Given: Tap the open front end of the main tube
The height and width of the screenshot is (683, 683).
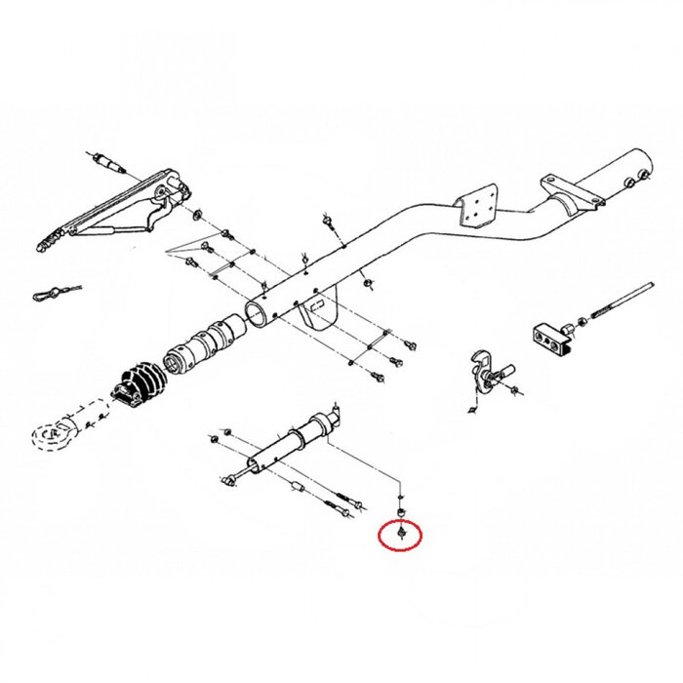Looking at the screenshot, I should pos(256,313).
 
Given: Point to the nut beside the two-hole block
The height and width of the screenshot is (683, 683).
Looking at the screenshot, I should pos(583,321).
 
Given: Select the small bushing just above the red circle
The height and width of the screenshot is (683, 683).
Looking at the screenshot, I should pos(401,510).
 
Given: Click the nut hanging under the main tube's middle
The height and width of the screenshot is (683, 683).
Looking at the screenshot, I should pos(368,284).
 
